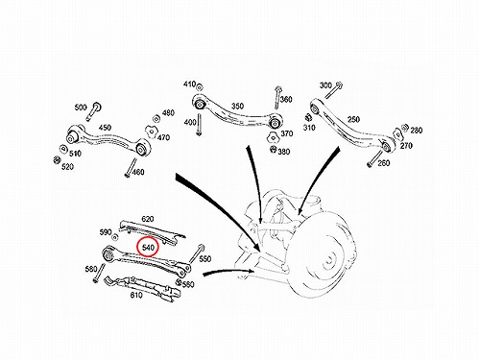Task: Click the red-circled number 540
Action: pos(148,248)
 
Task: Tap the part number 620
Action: pos(148,219)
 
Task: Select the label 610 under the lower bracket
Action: pos(136,295)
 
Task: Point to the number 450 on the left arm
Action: pos(105,128)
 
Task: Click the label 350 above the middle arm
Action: pos(237,106)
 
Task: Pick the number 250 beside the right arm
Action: pos(353,119)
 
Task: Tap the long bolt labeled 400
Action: pos(200,126)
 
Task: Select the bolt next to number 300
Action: pos(333,90)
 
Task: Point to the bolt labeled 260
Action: pos(375,159)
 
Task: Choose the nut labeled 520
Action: pos(57,159)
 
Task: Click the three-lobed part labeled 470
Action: pos(151,132)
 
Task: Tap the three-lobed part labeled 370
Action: pos(273,137)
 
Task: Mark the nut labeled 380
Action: pos(273,149)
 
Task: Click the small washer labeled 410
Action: pos(200,87)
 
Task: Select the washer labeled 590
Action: pos(115,237)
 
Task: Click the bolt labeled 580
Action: pos(99,273)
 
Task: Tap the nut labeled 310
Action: pos(308,117)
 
